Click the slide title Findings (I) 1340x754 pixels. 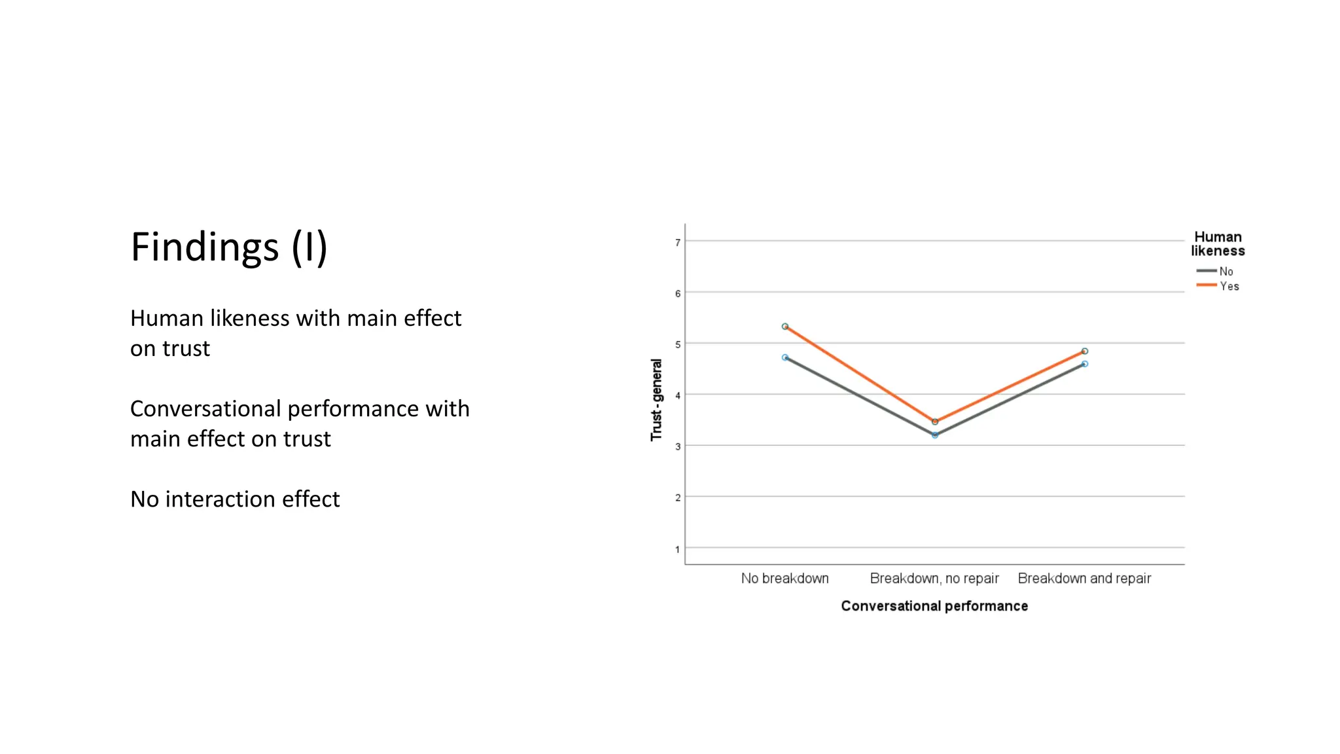[229, 247]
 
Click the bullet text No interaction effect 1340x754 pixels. [235, 499]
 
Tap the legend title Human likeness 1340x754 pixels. [1218, 243]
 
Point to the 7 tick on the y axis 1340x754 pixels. [678, 242]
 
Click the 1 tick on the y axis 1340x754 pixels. [678, 549]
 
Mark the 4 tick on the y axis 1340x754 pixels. [678, 395]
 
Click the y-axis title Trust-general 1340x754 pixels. [656, 399]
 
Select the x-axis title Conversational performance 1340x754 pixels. [934, 606]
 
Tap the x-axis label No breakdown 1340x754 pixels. [785, 579]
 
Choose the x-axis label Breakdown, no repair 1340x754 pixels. [934, 579]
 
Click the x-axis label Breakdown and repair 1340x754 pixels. [1084, 579]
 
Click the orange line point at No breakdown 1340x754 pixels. [785, 326]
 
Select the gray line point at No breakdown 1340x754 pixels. [785, 357]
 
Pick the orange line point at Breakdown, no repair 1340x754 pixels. [935, 422]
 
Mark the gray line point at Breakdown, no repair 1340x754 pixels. [935, 435]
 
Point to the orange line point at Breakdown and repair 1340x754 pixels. [1085, 351]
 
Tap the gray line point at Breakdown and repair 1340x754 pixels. [1085, 364]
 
